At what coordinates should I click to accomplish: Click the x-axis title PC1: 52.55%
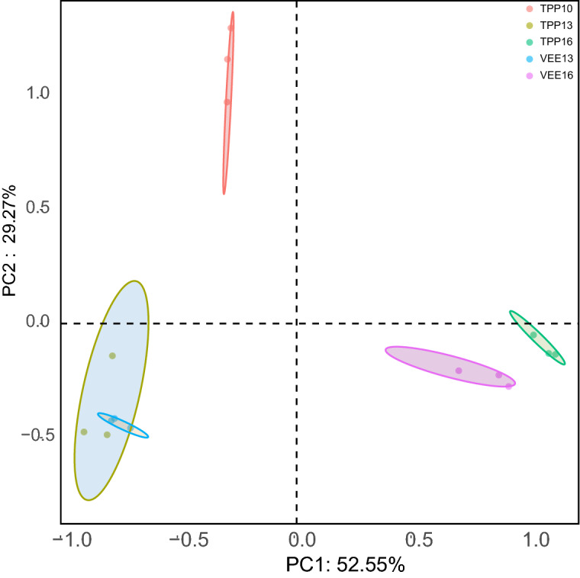point(345,566)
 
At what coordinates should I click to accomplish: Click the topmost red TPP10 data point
point(231,28)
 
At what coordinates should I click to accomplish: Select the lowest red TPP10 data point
point(227,102)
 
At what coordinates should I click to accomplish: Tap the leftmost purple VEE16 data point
point(459,371)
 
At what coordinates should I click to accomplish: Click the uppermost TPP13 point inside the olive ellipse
point(112,355)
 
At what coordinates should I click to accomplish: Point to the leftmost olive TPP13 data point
point(84,432)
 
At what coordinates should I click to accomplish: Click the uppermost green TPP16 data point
point(533,335)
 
